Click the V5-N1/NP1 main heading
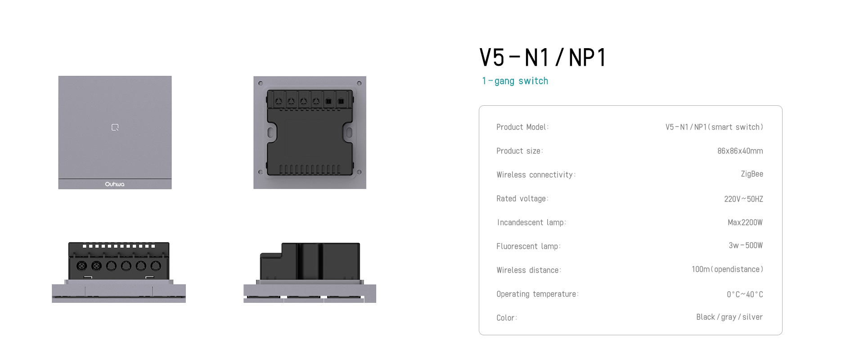pos(543,58)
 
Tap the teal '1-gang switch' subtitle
pos(515,81)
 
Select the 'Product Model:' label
pos(522,127)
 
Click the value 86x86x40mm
pos(740,151)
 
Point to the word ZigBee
pos(752,174)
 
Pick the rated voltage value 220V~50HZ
pos(743,199)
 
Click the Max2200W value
pos(745,222)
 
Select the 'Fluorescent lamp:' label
pos(528,246)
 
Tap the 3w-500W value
pos(746,245)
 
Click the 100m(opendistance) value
pos(727,269)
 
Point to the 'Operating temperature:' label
pos(537,294)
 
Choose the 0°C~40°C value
pos(745,294)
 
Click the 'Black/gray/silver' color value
pos(729,317)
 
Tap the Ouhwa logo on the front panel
pos(115,184)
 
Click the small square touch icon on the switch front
pos(115,127)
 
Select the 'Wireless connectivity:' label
pos(536,175)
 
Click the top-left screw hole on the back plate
pos(261,83)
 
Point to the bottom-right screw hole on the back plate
pos(359,172)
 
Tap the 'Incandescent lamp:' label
pos(531,222)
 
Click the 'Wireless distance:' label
pos(529,270)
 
